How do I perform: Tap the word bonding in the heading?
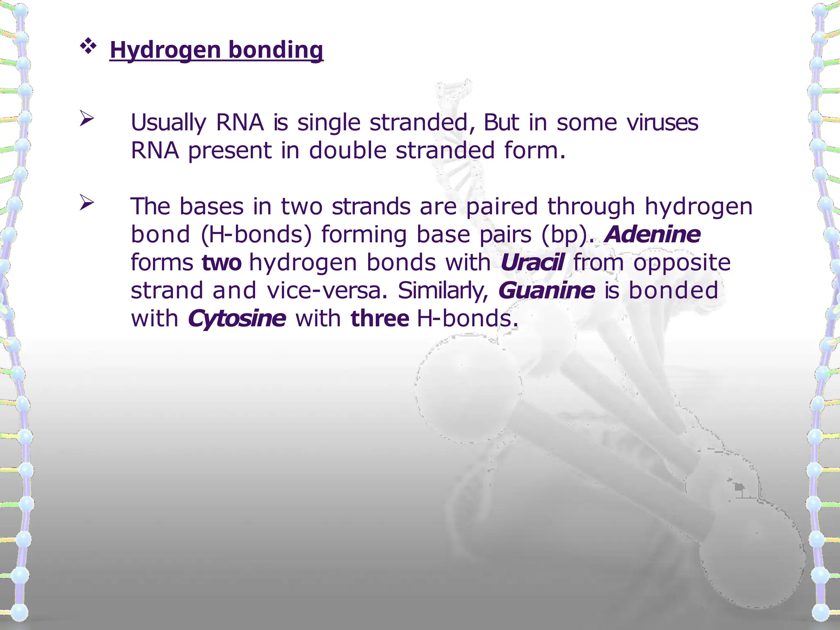[276, 50]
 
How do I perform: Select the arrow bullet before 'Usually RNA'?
[87, 119]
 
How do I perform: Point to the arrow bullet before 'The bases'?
[87, 202]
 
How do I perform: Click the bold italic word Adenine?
[653, 234]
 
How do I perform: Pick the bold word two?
[221, 262]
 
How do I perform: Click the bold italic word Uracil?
[532, 262]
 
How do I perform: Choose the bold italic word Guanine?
[547, 290]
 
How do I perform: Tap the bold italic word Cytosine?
[237, 319]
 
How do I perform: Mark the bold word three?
[380, 319]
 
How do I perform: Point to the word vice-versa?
[327, 290]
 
